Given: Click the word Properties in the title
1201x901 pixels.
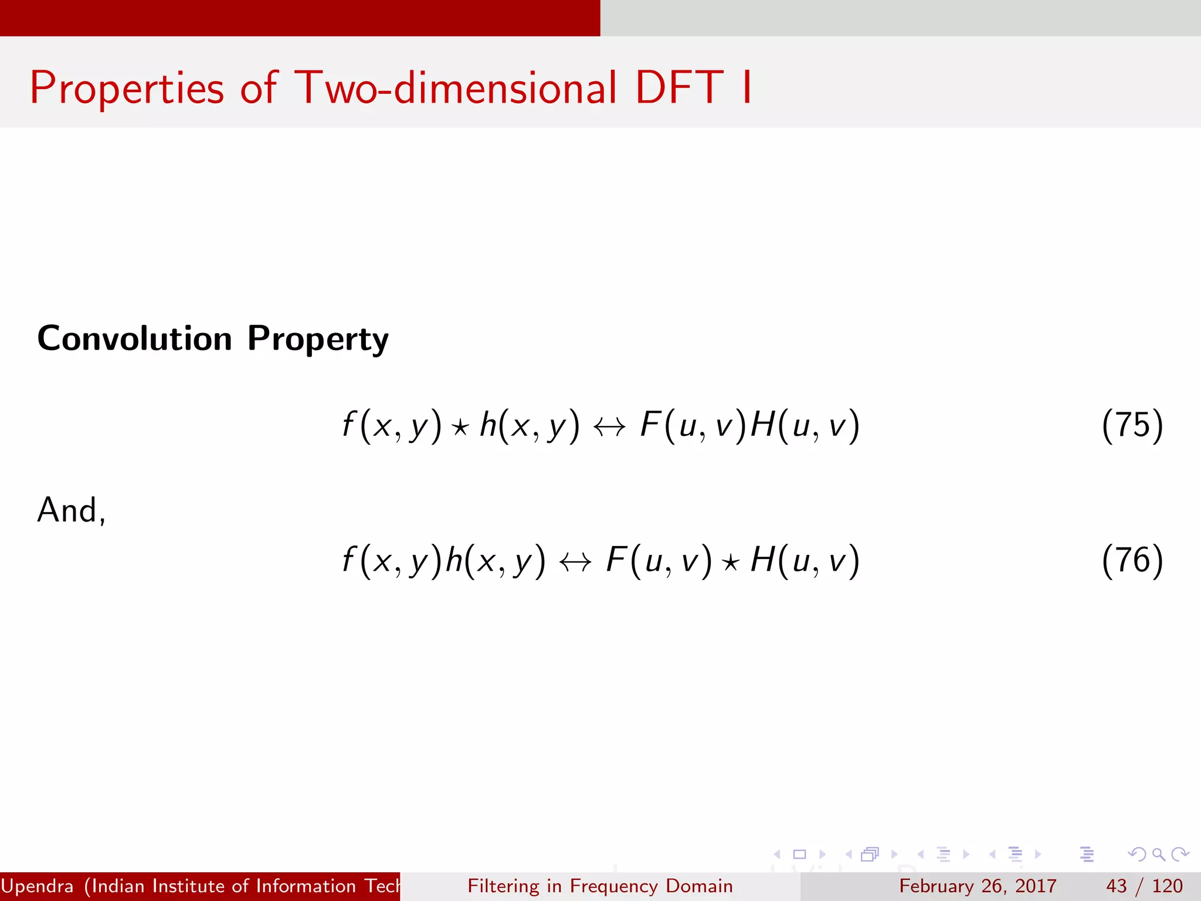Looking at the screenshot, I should [x=127, y=88].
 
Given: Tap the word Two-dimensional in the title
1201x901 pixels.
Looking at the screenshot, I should [x=456, y=88].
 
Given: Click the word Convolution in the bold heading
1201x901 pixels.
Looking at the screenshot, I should [x=135, y=338].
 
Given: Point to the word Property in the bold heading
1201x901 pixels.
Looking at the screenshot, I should [x=318, y=340].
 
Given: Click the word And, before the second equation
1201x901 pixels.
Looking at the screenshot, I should [x=71, y=510].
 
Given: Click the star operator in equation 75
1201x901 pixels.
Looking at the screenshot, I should [x=460, y=427].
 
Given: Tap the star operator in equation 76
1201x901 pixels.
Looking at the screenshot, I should [x=730, y=563].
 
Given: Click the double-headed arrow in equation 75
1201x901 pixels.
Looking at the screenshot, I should [x=609, y=427].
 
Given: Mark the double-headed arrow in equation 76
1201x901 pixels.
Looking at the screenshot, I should [x=575, y=563].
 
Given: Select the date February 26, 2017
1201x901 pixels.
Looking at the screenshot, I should [x=978, y=886].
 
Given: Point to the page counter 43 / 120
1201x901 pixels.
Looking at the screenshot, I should [x=1144, y=886].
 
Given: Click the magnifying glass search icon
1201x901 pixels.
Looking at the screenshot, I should [x=1159, y=854].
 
